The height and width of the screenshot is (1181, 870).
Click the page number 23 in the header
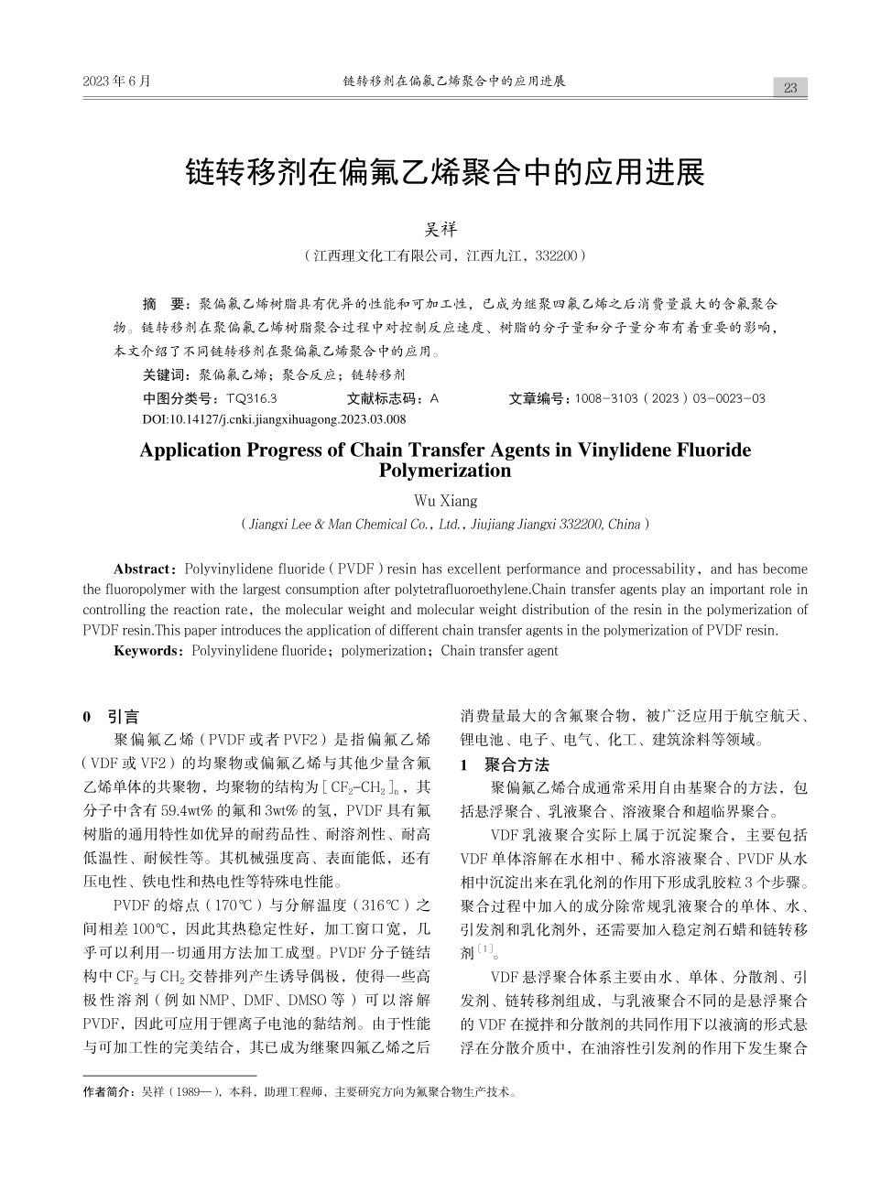pyautogui.click(x=790, y=88)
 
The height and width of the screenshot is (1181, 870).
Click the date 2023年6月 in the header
pyautogui.click(x=116, y=81)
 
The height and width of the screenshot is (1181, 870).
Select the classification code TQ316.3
pyautogui.click(x=251, y=398)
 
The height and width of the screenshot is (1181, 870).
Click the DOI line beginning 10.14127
pyautogui.click(x=274, y=418)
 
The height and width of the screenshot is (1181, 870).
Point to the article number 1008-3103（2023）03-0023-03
pyautogui.click(x=669, y=398)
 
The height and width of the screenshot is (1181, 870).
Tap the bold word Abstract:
pyautogui.click(x=146, y=569)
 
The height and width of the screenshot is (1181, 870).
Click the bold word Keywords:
pyautogui.click(x=149, y=651)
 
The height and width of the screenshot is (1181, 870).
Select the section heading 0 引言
pyautogui.click(x=111, y=717)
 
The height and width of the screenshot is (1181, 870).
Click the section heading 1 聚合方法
pyautogui.click(x=504, y=764)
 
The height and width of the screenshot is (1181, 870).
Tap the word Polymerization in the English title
pyautogui.click(x=445, y=471)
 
